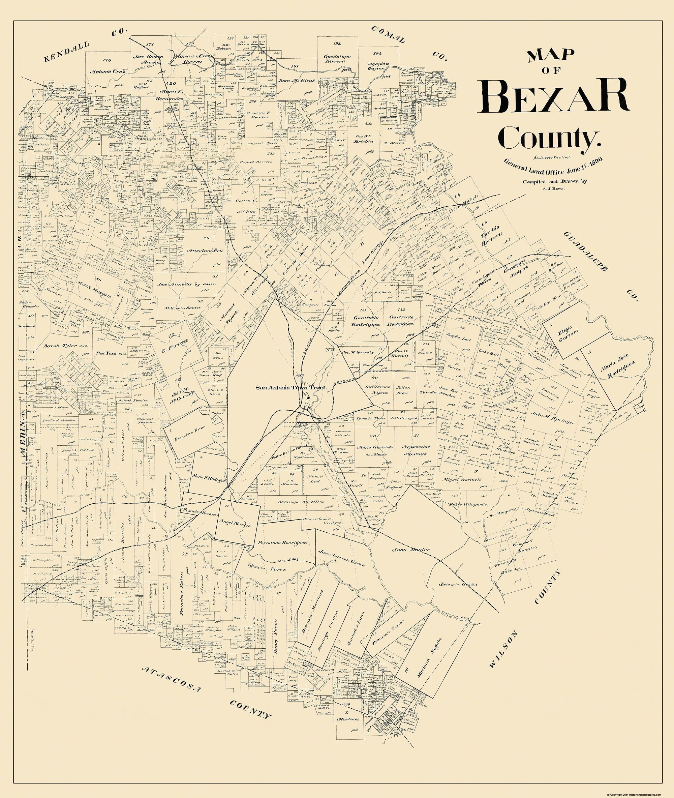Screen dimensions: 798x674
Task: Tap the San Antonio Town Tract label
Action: tap(292, 387)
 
